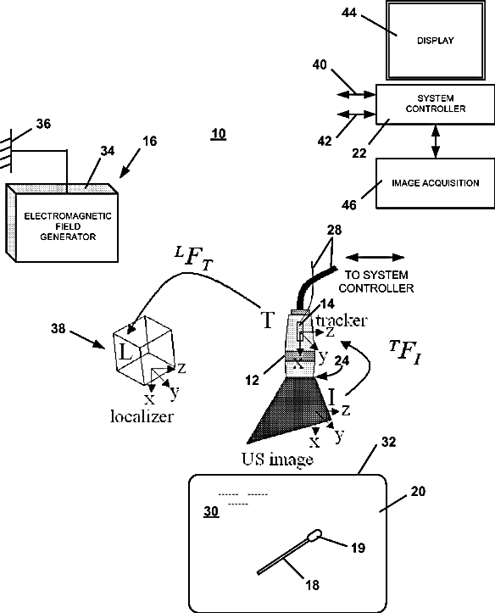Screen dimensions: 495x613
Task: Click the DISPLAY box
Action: pos(435,40)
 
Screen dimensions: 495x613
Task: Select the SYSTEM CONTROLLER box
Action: pos(435,104)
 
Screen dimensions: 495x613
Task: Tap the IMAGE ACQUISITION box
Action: pos(435,183)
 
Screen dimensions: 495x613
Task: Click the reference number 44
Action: pos(349,13)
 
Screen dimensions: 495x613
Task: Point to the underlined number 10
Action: pos(219,134)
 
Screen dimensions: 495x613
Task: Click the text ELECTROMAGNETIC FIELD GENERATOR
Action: pos(68,226)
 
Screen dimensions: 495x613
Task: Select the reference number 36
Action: pos(43,124)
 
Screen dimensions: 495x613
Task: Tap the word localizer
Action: pos(142,416)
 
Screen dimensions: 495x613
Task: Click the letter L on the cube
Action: pos(125,353)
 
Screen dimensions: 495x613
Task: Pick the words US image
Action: pos(277,460)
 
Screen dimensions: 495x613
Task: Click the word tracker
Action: pos(342,320)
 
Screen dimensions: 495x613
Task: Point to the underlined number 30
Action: pos(211,511)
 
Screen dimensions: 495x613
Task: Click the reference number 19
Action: pos(358,548)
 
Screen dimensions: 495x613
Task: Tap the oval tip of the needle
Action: pos(315,535)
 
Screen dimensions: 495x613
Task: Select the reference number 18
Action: pos(312,585)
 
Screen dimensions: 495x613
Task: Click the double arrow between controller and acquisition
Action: pos(436,141)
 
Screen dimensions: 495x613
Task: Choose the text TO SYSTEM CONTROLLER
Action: pos(375,281)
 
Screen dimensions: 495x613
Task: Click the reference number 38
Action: pos(58,328)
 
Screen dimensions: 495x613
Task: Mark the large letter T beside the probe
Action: pos(268,320)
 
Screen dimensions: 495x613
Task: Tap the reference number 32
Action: pos(388,442)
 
